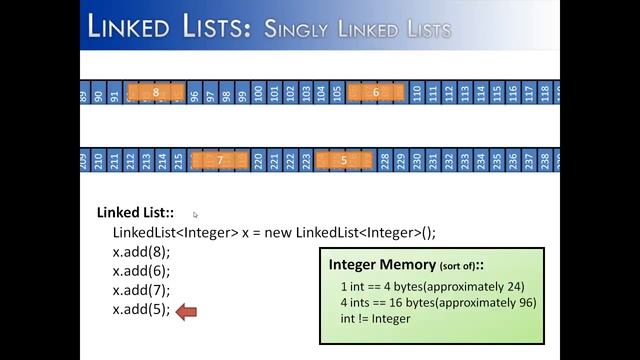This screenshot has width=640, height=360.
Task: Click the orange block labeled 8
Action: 156,93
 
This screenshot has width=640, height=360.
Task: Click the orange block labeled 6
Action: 376,93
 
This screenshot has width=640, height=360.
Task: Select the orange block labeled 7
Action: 219,160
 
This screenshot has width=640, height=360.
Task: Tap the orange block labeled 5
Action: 344,160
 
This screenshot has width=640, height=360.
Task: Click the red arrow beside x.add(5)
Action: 187,312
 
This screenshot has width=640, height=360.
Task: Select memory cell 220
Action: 259,160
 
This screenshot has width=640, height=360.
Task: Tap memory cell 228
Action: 385,160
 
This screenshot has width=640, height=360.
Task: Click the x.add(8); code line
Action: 141,252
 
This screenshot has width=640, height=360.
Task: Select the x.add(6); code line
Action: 141,271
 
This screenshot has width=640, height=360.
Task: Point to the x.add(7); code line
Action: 141,290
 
